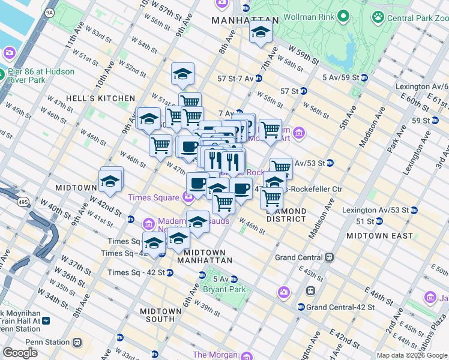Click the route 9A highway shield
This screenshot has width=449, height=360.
(x=49, y=11)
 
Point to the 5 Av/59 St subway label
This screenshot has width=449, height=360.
(x=340, y=77)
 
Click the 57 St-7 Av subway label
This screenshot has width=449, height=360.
(x=235, y=78)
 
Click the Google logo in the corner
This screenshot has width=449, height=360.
(x=20, y=352)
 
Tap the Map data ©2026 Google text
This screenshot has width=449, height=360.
(x=411, y=355)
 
